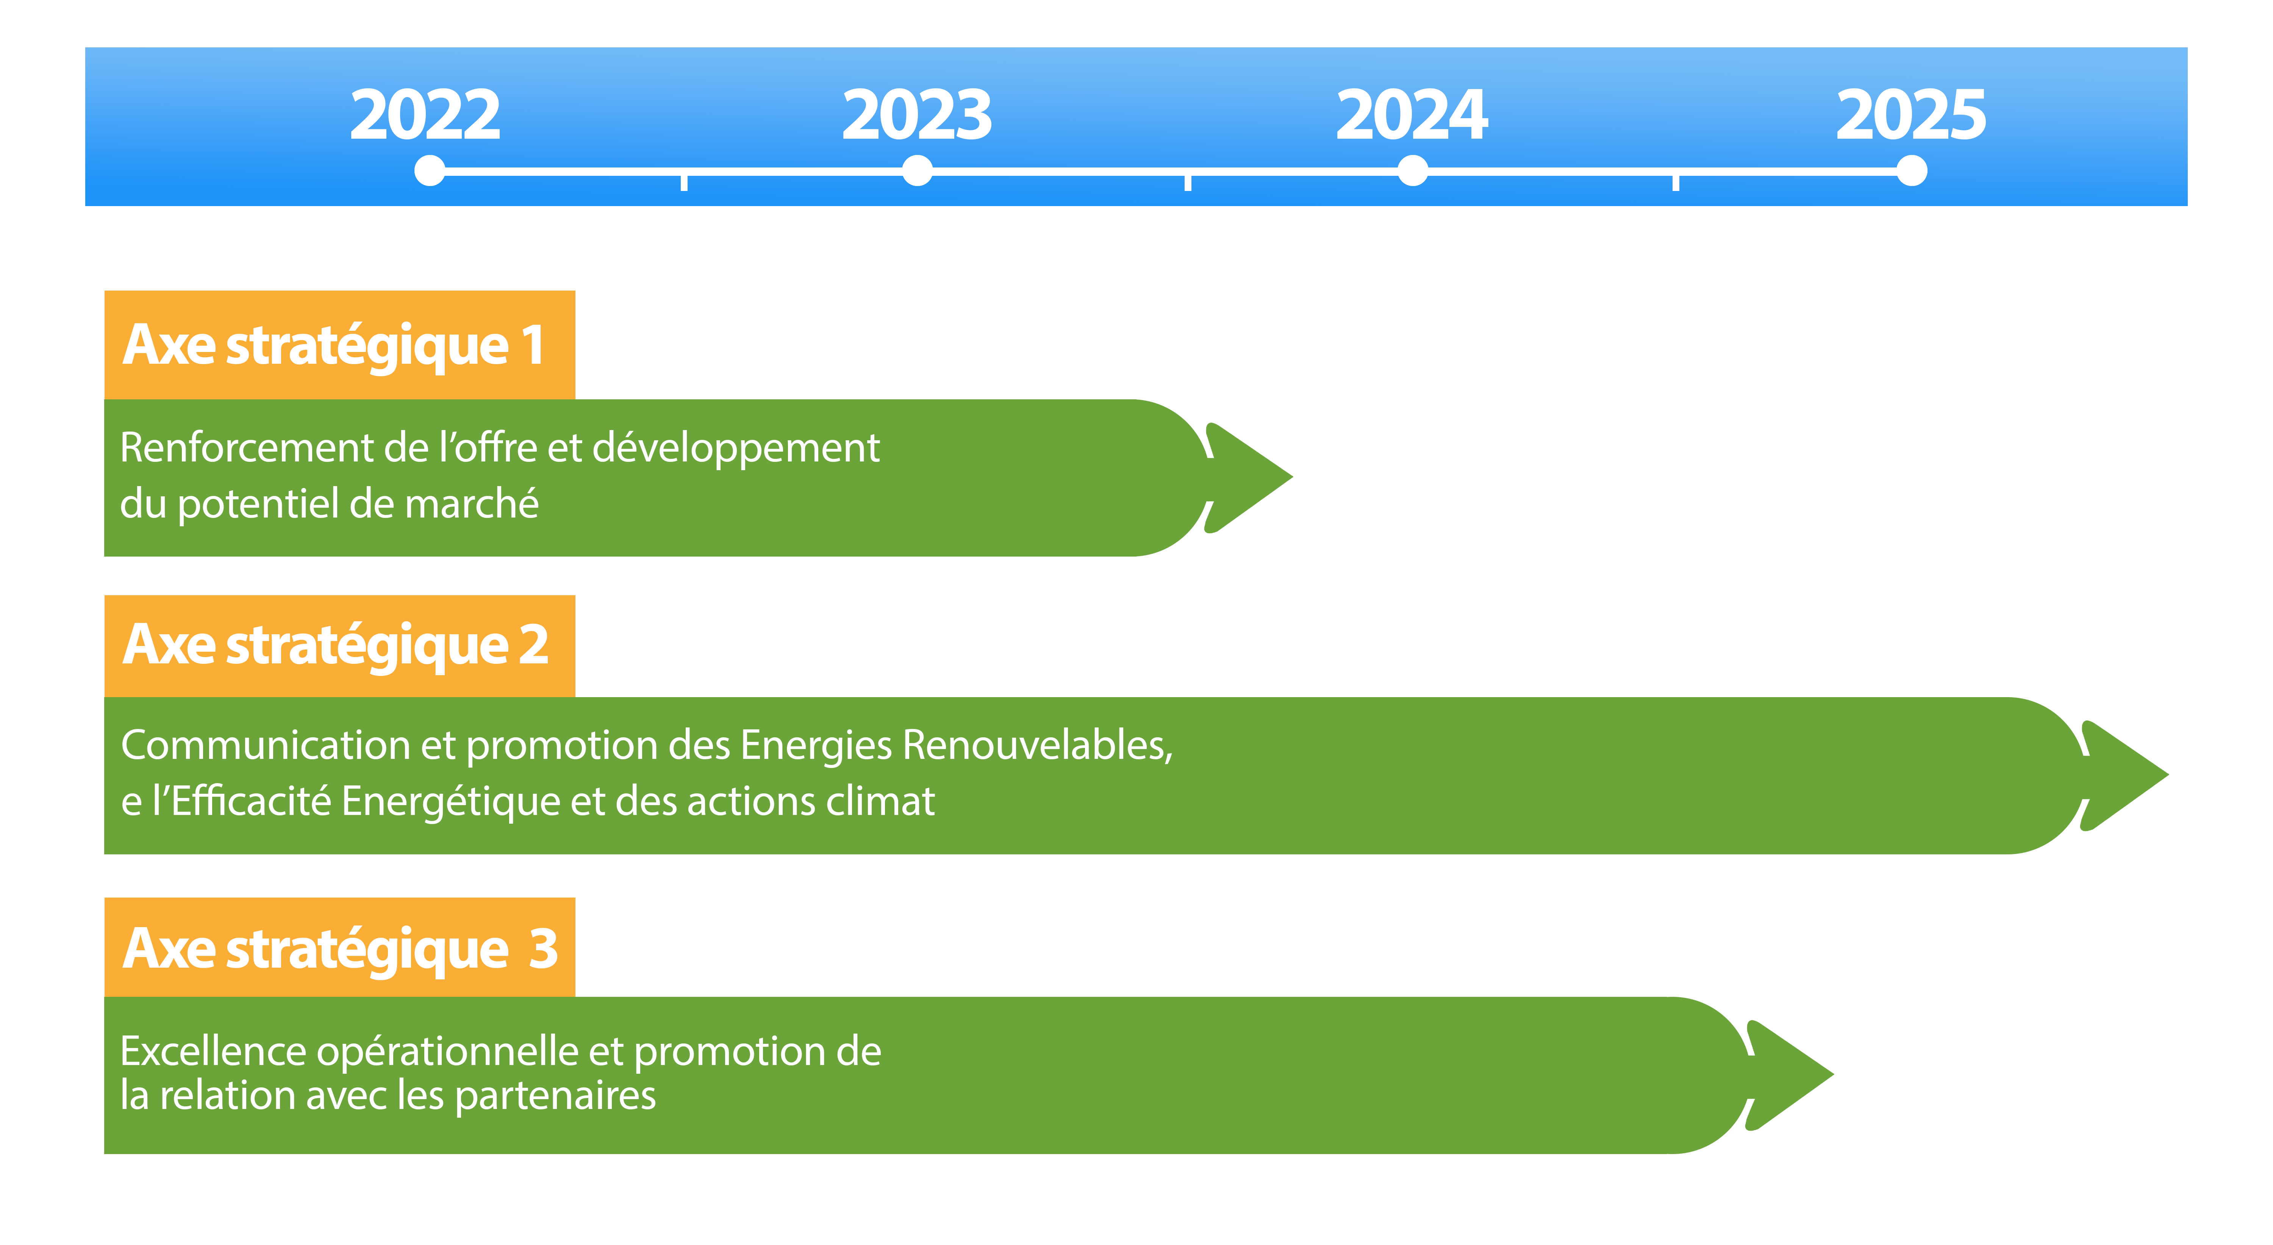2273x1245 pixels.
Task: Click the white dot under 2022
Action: click(x=430, y=170)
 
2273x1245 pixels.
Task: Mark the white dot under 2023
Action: click(x=918, y=170)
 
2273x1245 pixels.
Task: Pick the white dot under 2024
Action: click(x=1413, y=170)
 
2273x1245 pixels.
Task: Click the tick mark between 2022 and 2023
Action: click(x=684, y=182)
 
